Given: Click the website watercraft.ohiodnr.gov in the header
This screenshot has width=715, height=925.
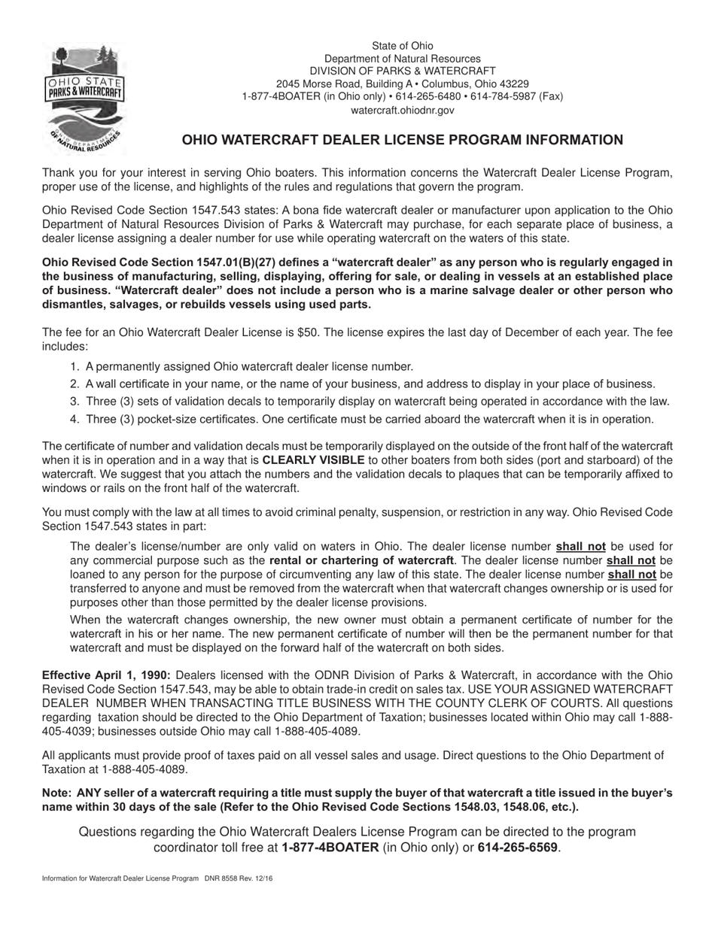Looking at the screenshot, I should tap(402, 110).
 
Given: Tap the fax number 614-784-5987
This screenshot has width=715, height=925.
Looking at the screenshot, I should tap(501, 96).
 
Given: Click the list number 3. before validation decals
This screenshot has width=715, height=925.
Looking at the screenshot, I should tap(75, 402).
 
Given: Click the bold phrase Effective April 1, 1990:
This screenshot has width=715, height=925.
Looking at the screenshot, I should tap(106, 675).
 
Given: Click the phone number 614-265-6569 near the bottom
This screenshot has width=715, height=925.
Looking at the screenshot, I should tap(518, 848).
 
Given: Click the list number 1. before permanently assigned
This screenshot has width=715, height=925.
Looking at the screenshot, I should tap(75, 366).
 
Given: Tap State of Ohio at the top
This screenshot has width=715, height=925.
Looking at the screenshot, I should tap(402, 46).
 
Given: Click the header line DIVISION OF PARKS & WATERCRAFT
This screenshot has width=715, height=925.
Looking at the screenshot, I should tap(402, 71).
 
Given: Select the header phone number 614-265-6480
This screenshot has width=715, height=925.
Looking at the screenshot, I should tap(422, 96).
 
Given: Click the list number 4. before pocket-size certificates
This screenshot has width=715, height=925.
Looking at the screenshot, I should tap(75, 419).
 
